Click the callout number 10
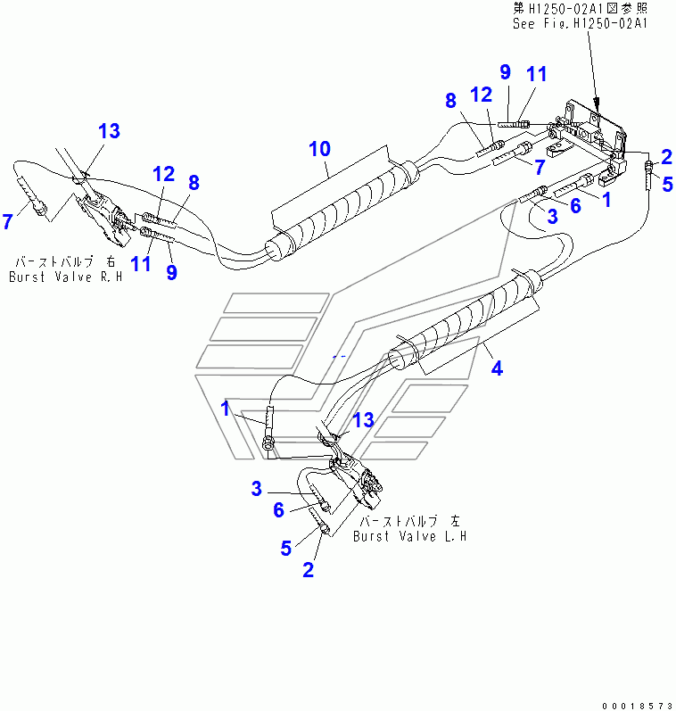point(319,149)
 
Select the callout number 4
point(497,368)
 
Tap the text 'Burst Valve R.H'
point(66,277)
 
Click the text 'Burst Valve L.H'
point(410,536)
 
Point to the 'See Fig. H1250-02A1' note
point(580,23)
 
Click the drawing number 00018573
point(638,706)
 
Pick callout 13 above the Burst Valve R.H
point(110,131)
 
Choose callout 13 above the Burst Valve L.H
point(363,420)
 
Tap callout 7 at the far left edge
point(7,222)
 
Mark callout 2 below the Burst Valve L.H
point(308,570)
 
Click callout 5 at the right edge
point(667,184)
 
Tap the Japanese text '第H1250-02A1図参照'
point(581,8)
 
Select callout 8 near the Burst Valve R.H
point(194,183)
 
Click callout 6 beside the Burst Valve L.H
point(278,510)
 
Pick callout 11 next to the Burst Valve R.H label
point(141,263)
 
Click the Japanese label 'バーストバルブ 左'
point(410,521)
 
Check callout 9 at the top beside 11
point(505,72)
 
